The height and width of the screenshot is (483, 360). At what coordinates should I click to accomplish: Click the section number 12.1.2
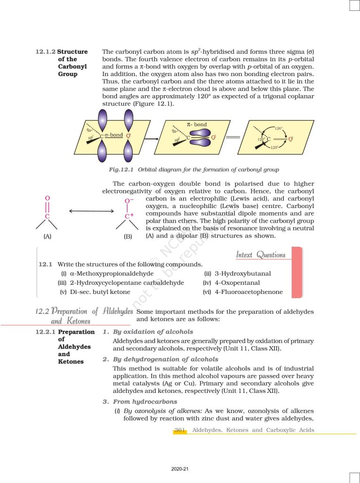[45, 51]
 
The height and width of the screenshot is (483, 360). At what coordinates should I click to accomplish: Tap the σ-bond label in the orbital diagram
[114, 135]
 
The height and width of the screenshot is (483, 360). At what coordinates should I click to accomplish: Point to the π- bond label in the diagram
[196, 125]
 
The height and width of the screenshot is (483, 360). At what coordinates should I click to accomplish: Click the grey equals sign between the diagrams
[233, 138]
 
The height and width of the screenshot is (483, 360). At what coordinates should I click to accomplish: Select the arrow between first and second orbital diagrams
[150, 139]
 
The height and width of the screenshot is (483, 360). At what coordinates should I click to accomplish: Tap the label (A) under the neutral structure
[47, 236]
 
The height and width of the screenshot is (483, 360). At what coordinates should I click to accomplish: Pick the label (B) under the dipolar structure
[128, 236]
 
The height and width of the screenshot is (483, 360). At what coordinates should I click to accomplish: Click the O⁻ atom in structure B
[129, 201]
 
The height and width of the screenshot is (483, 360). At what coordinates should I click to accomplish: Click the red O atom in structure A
[47, 199]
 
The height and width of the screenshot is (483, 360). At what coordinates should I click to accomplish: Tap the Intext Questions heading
[261, 255]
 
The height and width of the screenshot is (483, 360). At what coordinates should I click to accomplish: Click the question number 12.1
[45, 264]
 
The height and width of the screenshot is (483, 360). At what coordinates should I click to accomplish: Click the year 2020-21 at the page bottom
[180, 469]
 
